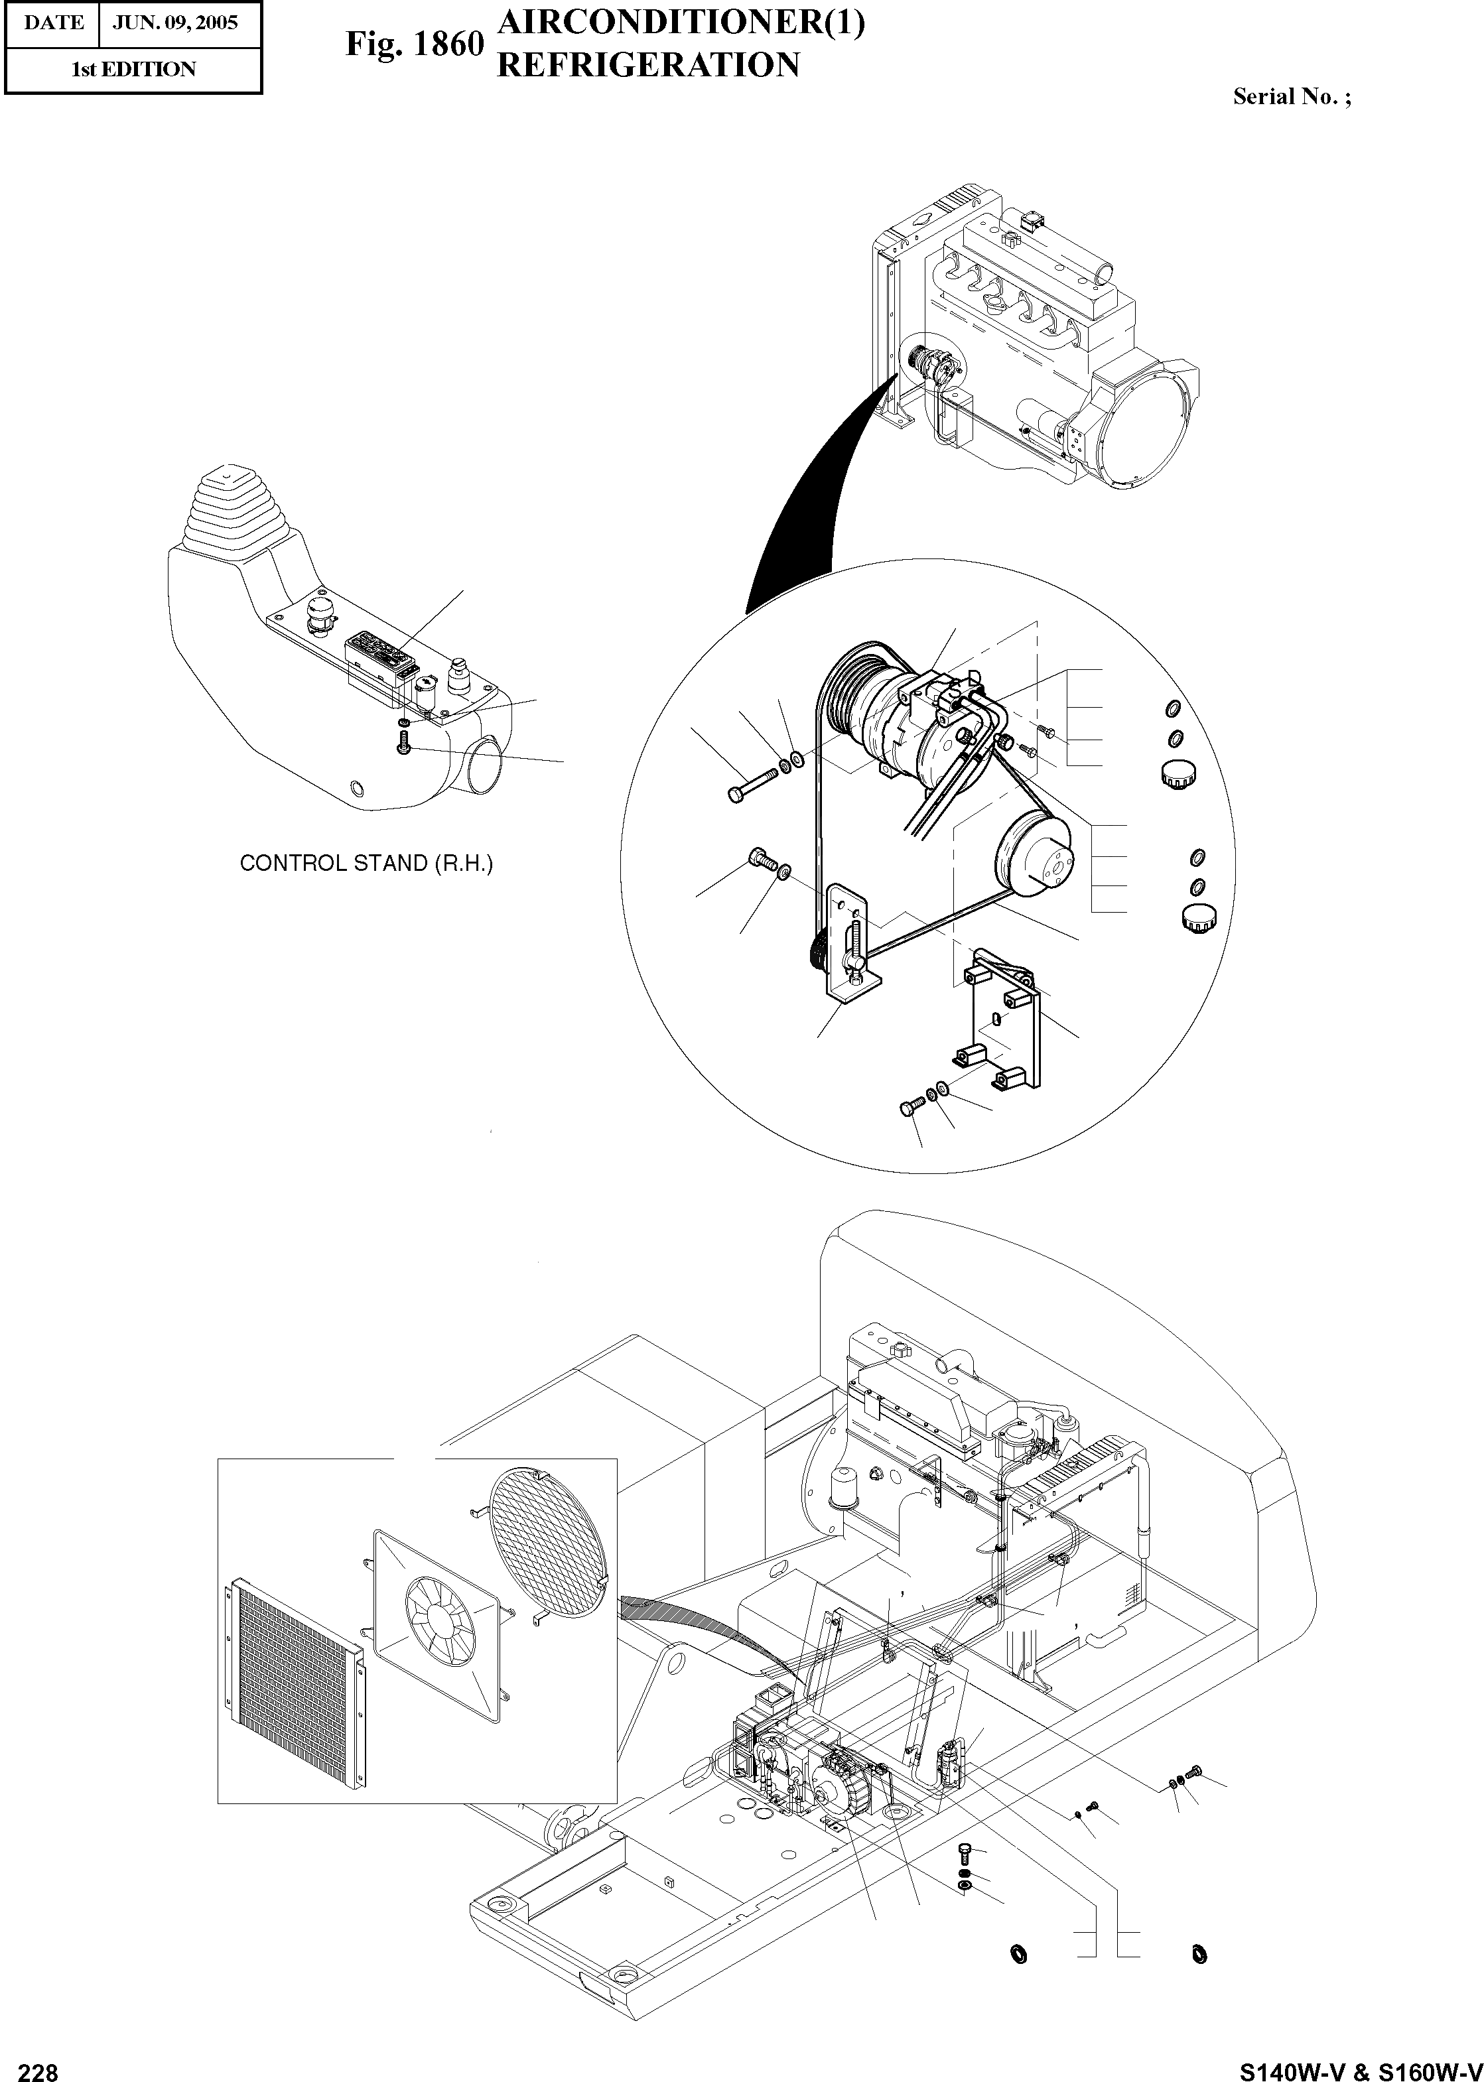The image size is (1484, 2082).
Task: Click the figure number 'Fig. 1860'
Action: pyautogui.click(x=414, y=44)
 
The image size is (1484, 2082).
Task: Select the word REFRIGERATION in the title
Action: pyautogui.click(x=648, y=65)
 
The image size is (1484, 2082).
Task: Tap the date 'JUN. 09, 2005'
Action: pyautogui.click(x=175, y=23)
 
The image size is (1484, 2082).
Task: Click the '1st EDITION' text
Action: pyautogui.click(x=133, y=70)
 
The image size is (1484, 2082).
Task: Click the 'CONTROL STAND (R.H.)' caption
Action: pyautogui.click(x=366, y=864)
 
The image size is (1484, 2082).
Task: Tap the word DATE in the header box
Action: pyautogui.click(x=52, y=23)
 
